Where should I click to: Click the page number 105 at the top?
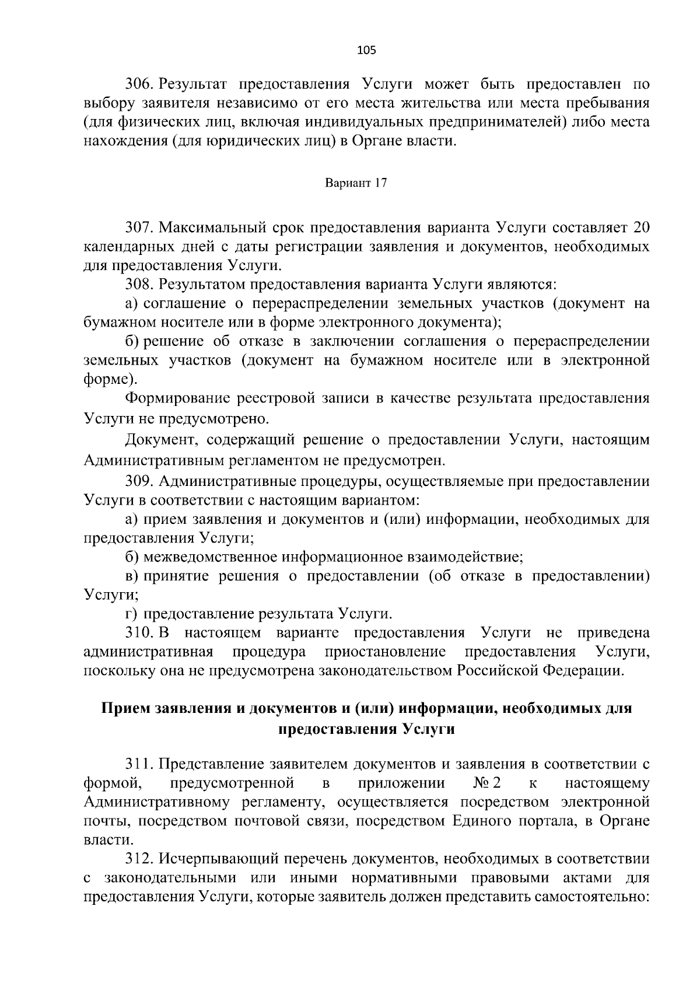pos(366,50)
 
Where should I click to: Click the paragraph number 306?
pos(139,84)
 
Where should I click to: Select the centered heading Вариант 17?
pos(356,183)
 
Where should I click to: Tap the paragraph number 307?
pos(139,227)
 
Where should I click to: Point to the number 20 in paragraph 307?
pos(640,227)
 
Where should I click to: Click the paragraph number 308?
pos(139,285)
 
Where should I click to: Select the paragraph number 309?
pos(139,481)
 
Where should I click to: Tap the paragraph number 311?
pos(139,764)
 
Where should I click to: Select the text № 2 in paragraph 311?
pos(488,783)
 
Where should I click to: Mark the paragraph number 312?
pos(139,859)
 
